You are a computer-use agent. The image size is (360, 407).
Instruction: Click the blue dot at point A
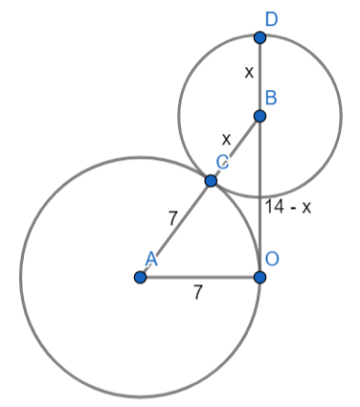[140, 277]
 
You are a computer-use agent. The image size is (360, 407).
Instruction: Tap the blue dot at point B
[259, 116]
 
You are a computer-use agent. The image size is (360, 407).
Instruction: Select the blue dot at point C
[211, 180]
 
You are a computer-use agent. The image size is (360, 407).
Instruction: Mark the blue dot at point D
[259, 37]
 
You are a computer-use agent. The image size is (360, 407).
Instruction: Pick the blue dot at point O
[259, 277]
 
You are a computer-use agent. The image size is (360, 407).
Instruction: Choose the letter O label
[274, 259]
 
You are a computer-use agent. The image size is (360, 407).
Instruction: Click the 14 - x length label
[288, 205]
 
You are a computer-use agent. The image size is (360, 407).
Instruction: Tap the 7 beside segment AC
[172, 217]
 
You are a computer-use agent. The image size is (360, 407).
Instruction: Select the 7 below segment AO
[198, 294]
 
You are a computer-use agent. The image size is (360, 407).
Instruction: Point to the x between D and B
[248, 72]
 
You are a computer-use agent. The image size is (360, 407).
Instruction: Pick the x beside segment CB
[226, 137]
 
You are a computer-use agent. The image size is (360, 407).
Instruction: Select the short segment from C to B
[236, 147]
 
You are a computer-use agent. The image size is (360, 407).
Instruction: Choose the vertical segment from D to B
[259, 77]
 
